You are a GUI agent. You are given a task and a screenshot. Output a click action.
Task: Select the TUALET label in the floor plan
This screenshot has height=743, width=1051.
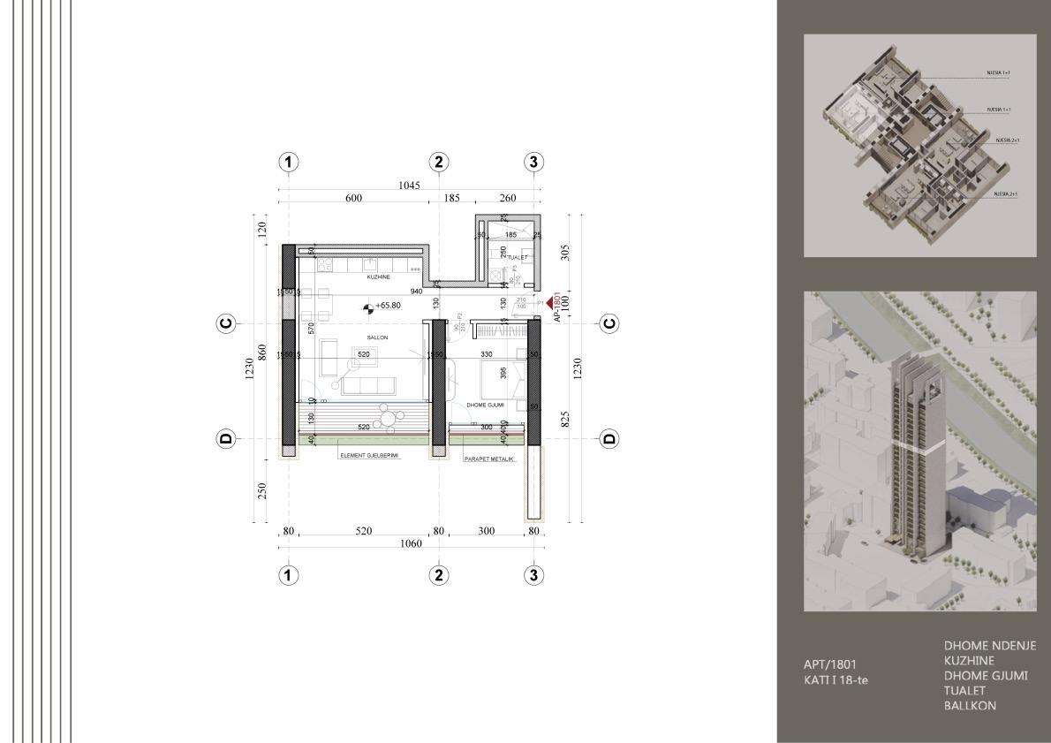(517, 258)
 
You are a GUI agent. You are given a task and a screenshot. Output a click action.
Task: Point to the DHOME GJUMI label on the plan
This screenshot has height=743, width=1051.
(485, 405)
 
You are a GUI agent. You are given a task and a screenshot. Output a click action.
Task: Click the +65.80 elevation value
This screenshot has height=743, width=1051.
(389, 306)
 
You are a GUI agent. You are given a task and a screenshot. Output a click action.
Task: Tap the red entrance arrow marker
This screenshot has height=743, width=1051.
(550, 303)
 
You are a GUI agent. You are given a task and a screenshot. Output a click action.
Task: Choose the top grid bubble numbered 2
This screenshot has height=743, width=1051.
(439, 162)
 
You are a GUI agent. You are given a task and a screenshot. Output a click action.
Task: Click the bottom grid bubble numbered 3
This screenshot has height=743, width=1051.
(533, 575)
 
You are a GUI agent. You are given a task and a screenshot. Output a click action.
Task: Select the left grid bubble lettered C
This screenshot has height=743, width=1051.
(225, 324)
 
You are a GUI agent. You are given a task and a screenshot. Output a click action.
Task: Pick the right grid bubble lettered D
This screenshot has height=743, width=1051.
(609, 438)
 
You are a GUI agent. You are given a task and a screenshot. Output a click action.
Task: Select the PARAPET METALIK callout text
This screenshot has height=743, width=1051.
(488, 459)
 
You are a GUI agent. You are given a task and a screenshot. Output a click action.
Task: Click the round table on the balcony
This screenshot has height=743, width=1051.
(388, 413)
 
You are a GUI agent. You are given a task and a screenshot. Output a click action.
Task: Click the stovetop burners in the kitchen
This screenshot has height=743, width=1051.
(324, 264)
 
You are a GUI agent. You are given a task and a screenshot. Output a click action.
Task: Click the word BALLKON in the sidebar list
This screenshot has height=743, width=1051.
(972, 706)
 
